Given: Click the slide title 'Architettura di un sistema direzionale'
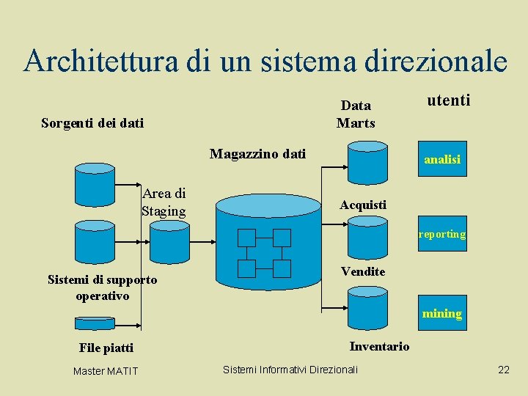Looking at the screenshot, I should (x=265, y=61).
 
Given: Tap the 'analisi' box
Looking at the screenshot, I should (x=441, y=159).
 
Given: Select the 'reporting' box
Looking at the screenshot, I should (x=441, y=234).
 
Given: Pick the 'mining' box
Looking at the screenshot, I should (x=441, y=313).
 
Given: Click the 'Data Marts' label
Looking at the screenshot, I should (x=356, y=114).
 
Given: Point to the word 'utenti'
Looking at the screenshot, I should (x=448, y=99).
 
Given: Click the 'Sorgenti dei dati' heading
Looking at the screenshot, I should (x=92, y=122).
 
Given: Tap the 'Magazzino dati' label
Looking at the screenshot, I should (x=257, y=153).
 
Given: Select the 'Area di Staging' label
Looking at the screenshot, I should (x=164, y=202).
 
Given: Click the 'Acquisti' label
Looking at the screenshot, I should (x=363, y=205).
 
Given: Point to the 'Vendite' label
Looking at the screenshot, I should (x=363, y=272).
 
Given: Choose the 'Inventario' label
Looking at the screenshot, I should (x=379, y=346).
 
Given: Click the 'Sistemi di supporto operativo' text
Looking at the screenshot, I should (x=102, y=287).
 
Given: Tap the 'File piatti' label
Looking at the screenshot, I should (x=106, y=348).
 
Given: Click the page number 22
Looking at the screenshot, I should (x=503, y=370).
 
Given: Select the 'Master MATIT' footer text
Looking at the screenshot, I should (x=106, y=371).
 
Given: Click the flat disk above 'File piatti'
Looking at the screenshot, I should (x=95, y=323).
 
